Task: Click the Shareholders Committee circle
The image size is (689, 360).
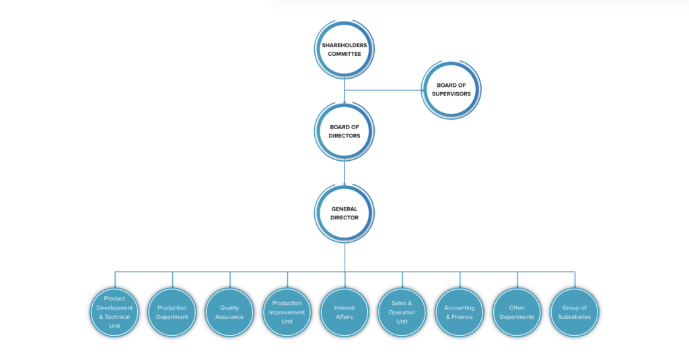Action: [344, 49]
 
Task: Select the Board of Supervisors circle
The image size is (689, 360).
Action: [451, 89]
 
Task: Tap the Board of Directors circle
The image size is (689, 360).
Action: [344, 131]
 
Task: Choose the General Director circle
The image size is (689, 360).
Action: [344, 213]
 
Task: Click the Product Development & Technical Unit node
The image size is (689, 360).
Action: [114, 312]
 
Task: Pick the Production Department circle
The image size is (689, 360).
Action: [172, 312]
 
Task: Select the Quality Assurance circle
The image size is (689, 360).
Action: [229, 312]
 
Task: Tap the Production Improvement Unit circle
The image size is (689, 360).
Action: [287, 312]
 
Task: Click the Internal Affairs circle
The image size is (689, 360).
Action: [344, 312]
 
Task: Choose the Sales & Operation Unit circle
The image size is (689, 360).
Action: [402, 312]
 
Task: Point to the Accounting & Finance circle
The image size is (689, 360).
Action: [460, 312]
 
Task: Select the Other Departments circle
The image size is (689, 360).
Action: [517, 312]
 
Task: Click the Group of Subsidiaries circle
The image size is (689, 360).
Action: [575, 312]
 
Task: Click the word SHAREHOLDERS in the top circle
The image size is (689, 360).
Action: [344, 45]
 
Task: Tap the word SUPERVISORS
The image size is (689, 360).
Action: [451, 94]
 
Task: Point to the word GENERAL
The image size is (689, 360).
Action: [344, 209]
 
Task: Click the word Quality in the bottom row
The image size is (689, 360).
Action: [229, 308]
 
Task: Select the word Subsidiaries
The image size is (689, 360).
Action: [575, 317]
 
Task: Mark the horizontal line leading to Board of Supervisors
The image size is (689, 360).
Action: [384, 90]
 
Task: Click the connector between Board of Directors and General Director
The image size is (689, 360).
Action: [344, 173]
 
